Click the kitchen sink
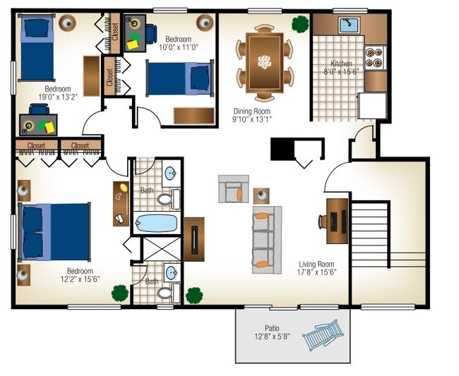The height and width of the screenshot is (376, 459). pos(349,25)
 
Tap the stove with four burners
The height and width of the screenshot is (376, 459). pos(375,58)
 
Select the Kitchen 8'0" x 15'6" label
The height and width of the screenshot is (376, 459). pos(341,68)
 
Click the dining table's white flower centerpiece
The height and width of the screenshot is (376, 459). pos(264,62)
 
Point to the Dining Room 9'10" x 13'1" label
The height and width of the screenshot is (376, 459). pos(252,115)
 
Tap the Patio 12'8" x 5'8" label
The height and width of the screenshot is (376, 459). pos(273,332)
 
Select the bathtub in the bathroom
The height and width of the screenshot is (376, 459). pos(156,224)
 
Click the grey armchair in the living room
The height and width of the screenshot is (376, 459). pos(234,189)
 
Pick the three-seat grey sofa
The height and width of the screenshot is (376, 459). pos(267,240)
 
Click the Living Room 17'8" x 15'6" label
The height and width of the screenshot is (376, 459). pos(316,268)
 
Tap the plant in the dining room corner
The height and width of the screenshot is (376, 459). pos(300,24)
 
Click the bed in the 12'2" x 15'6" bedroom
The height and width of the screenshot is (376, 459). pos(54,231)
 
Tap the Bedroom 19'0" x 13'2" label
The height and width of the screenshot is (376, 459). pos(58,92)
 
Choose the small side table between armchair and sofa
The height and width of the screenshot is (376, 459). pos(261,195)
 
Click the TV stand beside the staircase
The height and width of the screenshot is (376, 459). pos(338,221)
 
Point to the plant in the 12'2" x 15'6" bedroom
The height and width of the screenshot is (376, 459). pos(120,293)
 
